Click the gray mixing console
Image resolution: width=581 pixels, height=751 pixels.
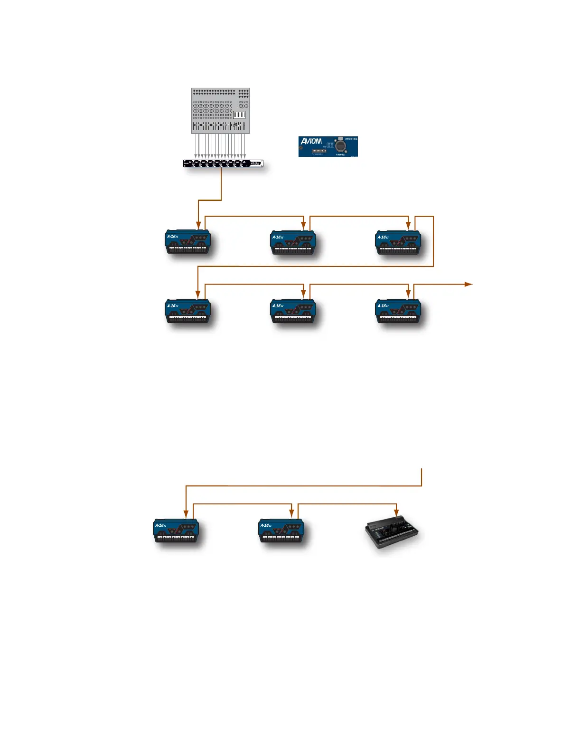tap(220, 110)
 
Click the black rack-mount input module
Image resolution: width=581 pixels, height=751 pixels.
tap(223, 164)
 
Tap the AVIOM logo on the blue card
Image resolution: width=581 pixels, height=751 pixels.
tap(311, 141)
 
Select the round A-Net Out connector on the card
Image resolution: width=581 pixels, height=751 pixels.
tap(340, 145)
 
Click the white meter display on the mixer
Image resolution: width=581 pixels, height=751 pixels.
tap(239, 115)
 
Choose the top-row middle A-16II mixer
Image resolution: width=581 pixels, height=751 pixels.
tap(293, 243)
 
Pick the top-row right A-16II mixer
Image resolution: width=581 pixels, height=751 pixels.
tap(398, 243)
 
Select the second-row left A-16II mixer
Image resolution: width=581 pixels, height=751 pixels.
tap(187, 311)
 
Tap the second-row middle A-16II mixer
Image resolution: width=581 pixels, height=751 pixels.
tap(293, 311)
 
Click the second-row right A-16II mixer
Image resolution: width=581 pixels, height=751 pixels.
tap(398, 311)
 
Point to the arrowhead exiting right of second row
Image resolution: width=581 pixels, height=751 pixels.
tap(469, 284)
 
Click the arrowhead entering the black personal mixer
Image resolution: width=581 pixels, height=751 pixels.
tap(396, 513)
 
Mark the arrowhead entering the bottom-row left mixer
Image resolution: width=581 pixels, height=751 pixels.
tap(186, 514)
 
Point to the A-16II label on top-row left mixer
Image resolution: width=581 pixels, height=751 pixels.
tap(172, 236)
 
